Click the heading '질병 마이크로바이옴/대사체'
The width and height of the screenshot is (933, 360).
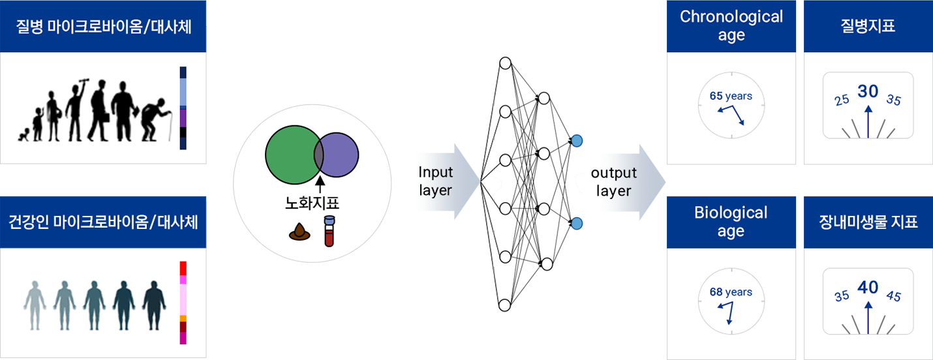coord(103,27)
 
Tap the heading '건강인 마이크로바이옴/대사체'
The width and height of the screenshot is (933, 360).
coord(103,222)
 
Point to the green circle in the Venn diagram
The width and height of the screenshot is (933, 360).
coord(288,155)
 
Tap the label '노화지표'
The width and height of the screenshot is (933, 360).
coord(313,203)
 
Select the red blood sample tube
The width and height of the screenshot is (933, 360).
coord(329,232)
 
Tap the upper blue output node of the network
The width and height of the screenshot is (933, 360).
coord(576,140)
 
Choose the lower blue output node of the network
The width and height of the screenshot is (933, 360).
coord(576,224)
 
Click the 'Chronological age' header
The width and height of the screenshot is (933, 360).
coord(731,26)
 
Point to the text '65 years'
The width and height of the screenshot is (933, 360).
coord(731,96)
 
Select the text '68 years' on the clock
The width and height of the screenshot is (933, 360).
coord(731,292)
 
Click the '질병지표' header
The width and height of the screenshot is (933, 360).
coord(868,26)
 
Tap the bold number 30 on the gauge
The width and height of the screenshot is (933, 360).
coord(868,92)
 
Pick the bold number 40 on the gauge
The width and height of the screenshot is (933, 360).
coord(868,288)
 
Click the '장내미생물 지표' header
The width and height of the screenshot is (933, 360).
coord(868,222)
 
